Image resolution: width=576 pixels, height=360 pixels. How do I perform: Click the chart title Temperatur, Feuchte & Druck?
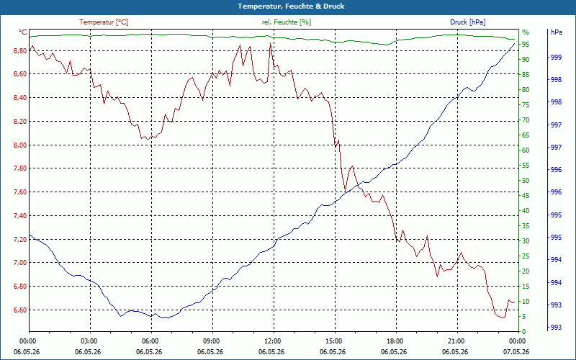[291, 6]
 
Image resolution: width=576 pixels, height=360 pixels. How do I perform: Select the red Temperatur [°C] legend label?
[104, 22]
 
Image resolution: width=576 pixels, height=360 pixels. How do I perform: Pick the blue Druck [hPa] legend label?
[467, 22]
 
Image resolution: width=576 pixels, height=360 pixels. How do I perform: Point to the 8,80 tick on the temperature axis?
[20, 50]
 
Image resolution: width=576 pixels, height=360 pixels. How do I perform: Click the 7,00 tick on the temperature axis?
[20, 262]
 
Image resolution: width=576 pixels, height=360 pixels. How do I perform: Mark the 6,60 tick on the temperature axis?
[20, 310]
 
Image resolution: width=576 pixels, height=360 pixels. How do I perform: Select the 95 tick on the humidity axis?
[526, 44]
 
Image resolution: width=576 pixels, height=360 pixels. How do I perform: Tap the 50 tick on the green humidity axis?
[526, 181]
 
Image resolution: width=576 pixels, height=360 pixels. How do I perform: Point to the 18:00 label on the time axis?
[396, 341]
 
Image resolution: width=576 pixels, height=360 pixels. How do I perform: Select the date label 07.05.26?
[516, 351]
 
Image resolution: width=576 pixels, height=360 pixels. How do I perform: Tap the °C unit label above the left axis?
[23, 32]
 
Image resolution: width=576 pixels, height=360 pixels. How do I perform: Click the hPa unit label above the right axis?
[557, 32]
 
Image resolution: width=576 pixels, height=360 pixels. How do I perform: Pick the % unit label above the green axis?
[526, 32]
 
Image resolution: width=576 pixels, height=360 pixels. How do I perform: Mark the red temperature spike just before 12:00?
[271, 43]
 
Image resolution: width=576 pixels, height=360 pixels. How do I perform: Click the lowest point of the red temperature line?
[502, 318]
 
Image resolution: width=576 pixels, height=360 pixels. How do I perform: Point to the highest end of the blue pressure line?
[514, 43]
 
